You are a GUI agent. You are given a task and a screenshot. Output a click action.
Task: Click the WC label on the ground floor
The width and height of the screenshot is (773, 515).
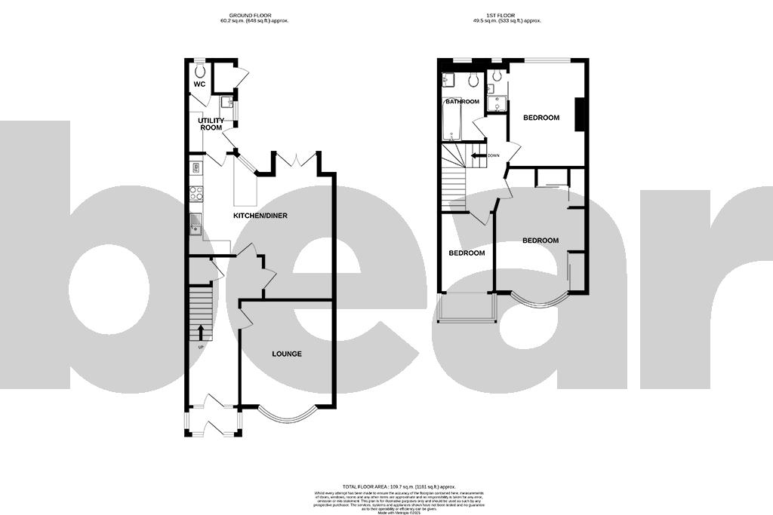[x=199, y=84]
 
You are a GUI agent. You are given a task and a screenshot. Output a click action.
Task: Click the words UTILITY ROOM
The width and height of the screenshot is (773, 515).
[x=211, y=124]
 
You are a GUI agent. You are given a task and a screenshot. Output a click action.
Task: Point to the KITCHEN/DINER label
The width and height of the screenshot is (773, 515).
[x=260, y=216]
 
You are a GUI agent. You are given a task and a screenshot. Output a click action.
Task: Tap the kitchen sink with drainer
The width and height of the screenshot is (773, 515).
[x=195, y=224]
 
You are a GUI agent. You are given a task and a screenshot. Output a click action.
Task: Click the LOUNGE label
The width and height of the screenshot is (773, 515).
[x=287, y=354]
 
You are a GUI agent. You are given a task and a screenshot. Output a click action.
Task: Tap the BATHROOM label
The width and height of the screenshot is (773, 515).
[x=462, y=101]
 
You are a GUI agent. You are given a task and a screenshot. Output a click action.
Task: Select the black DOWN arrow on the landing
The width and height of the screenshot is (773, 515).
[x=477, y=156]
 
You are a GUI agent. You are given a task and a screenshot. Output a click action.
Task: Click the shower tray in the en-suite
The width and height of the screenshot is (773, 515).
[x=497, y=104]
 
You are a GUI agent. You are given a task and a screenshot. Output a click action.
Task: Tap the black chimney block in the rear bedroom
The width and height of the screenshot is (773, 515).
[x=580, y=115]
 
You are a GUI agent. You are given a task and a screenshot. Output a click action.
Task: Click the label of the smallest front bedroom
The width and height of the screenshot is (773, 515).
[x=467, y=253]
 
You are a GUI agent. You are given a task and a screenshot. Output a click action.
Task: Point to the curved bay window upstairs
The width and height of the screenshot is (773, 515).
[x=540, y=300]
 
